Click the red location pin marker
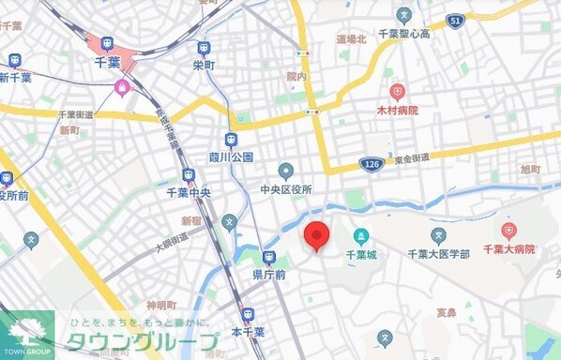click(x=318, y=236)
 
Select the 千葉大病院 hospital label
click(x=508, y=249)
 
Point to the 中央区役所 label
click(x=286, y=188)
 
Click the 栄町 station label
click(x=204, y=66)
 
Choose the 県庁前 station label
click(x=268, y=275)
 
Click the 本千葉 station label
click(x=248, y=332)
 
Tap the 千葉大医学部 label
click(x=438, y=253)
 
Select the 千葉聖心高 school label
click(x=404, y=34)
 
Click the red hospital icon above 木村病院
click(x=398, y=92)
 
